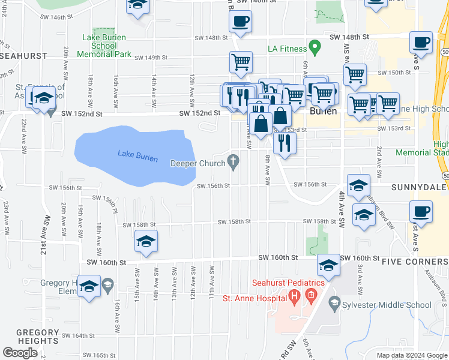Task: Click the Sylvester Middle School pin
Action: (x=335, y=305)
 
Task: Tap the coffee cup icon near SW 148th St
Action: (x=240, y=23)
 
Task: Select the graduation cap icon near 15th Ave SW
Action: (x=146, y=241)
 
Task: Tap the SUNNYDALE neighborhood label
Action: (x=420, y=187)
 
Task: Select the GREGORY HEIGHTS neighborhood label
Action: (x=28, y=337)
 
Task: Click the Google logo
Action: (x=20, y=353)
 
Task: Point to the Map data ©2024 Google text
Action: (x=411, y=355)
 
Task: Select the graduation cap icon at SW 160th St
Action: (x=328, y=265)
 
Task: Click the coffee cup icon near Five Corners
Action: (x=421, y=212)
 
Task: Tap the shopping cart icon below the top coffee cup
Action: (x=240, y=61)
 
